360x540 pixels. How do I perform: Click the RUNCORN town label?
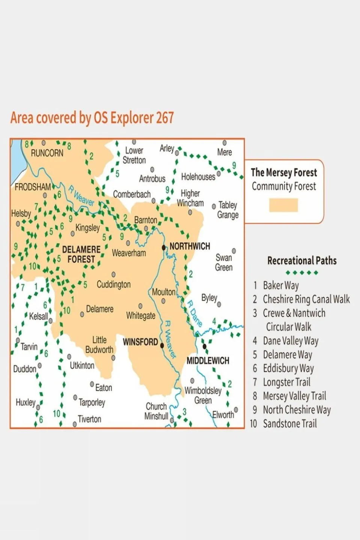pyautogui.click(x=47, y=153)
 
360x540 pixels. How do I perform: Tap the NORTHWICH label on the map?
pyautogui.click(x=190, y=246)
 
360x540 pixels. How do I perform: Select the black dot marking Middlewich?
pyautogui.click(x=205, y=346)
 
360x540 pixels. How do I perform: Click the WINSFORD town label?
pyautogui.click(x=140, y=342)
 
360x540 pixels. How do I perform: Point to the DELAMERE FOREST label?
pyautogui.click(x=81, y=254)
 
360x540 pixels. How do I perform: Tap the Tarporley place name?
pyautogui.click(x=92, y=403)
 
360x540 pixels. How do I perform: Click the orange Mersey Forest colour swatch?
pyautogui.click(x=283, y=205)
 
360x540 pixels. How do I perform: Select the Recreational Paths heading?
pyautogui.click(x=302, y=260)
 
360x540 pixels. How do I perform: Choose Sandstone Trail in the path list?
pyautogui.click(x=289, y=424)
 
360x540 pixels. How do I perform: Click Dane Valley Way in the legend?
pyautogui.click(x=291, y=341)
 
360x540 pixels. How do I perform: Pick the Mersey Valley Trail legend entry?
pyautogui.click(x=294, y=396)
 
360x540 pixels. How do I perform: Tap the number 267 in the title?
pyautogui.click(x=165, y=118)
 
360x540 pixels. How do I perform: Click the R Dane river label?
pyautogui.click(x=195, y=313)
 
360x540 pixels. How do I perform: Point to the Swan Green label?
pyautogui.click(x=224, y=262)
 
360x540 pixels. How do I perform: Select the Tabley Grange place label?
pyautogui.click(x=228, y=210)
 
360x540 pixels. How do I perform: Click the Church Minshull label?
pyautogui.click(x=156, y=411)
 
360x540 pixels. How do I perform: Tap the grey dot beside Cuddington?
pyautogui.click(x=113, y=275)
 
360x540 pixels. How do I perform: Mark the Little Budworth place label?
pyautogui.click(x=99, y=344)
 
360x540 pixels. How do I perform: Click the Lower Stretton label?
pyautogui.click(x=134, y=155)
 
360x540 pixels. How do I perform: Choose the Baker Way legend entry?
pyautogui.click(x=281, y=286)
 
